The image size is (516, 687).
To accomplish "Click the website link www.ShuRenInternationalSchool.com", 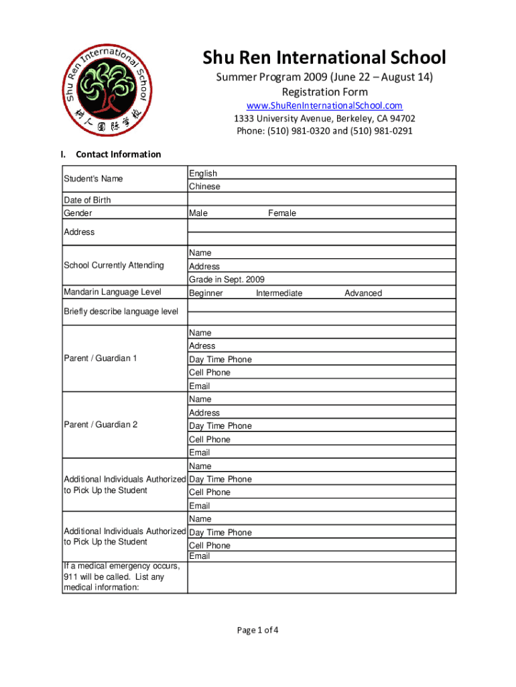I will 324,105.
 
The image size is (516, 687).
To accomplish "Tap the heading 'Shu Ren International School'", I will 324,58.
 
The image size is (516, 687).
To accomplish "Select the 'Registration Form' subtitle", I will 324,91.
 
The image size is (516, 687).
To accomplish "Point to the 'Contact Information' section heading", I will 119,154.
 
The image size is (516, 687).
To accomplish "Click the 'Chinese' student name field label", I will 204,187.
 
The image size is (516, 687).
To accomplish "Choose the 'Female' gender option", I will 282,213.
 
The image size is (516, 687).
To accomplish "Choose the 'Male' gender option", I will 198,213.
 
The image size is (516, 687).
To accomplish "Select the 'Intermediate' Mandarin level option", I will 279,293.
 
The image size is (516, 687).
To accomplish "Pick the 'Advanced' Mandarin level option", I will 363,293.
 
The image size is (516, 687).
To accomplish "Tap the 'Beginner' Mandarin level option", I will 206,293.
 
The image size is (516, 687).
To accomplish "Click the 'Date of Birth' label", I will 87,200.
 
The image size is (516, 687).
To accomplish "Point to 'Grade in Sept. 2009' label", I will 227,279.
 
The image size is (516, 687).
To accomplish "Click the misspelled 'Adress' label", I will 202,346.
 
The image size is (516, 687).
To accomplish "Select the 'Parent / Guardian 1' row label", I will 101,358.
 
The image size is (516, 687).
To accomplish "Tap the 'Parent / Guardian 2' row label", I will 101,425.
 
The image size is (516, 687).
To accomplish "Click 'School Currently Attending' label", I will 114,265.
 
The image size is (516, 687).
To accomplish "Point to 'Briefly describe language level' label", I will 121,311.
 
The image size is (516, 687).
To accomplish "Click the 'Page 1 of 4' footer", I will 257,630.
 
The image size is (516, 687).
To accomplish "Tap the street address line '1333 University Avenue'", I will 324,119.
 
